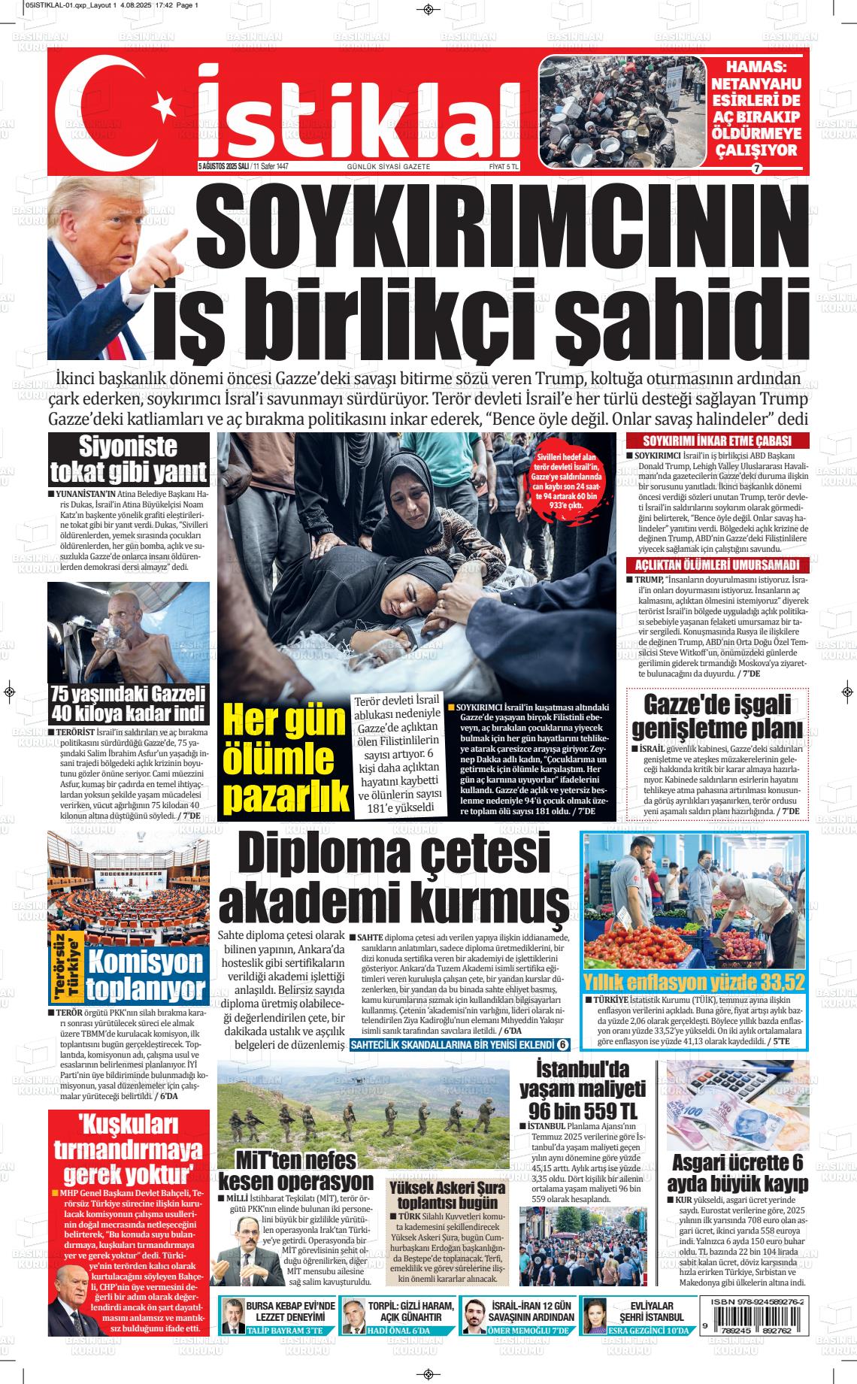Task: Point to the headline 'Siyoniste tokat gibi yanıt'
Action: pyautogui.click(x=128, y=459)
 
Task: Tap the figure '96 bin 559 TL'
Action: pyautogui.click(x=582, y=1111)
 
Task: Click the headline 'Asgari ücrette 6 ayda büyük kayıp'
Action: pyautogui.click(x=737, y=1174)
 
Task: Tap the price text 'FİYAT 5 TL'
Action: pyautogui.click(x=504, y=166)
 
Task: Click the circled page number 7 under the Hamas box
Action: pyautogui.click(x=757, y=168)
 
